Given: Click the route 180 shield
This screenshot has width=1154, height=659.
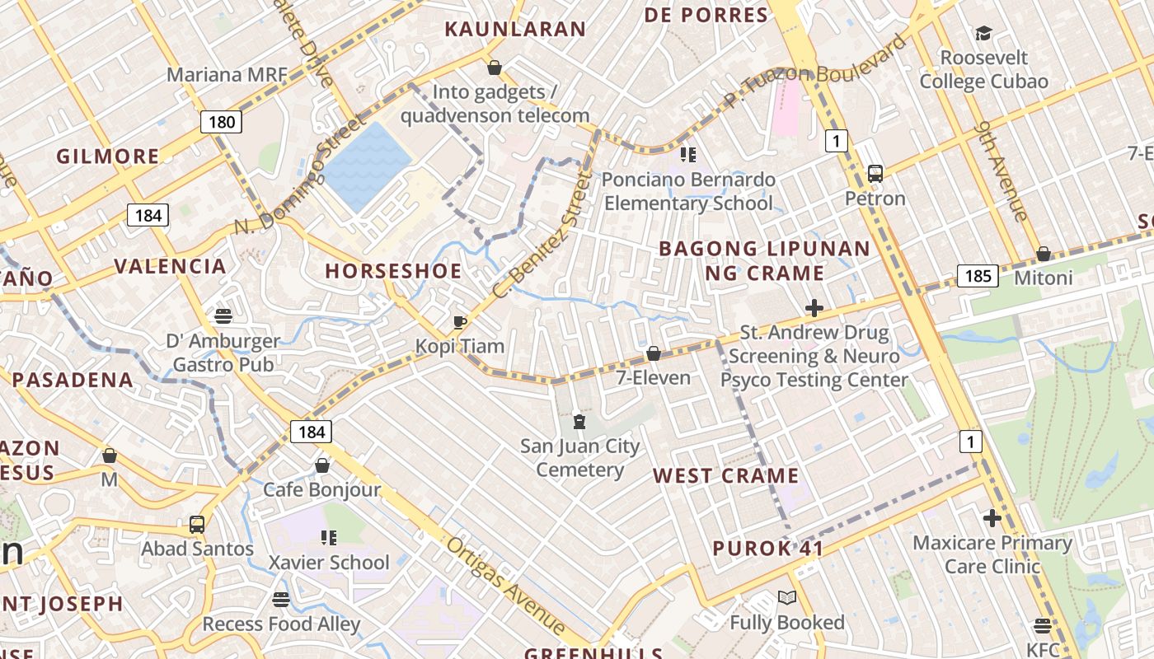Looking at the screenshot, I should pos(222,123).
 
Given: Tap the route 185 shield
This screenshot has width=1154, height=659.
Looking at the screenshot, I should pos(978,275).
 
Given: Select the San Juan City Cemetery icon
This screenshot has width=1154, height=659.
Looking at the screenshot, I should pos(579,423).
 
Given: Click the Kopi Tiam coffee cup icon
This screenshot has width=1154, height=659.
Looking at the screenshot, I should pos(460,322).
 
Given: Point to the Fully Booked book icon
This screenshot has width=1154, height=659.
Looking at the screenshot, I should pos(787,598).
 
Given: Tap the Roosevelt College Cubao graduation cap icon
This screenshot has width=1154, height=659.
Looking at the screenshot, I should pos(983,34).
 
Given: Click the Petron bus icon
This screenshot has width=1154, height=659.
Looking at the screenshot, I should pos(875,174).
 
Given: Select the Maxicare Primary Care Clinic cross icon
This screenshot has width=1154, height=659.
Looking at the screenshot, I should pos(992,518).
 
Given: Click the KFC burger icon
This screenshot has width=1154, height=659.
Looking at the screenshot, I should pos(1043,626).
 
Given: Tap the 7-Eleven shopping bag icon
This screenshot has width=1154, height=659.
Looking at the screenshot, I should pos(654,353).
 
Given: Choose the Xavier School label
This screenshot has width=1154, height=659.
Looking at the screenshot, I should pos(329,563).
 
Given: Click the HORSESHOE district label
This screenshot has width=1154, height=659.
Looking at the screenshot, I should pos(393,271).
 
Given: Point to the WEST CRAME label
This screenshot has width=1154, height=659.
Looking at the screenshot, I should pos(726,475).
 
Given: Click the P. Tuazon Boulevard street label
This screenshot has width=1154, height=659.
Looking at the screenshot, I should pos(816,72).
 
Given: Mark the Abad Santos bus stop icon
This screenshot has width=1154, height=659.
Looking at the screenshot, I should pos(197,524).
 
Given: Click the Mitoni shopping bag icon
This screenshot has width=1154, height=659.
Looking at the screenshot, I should pos(1044,254).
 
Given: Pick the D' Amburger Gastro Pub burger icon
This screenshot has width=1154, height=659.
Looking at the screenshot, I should pos(223,315).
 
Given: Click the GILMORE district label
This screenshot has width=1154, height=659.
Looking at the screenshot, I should pos(108,156).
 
